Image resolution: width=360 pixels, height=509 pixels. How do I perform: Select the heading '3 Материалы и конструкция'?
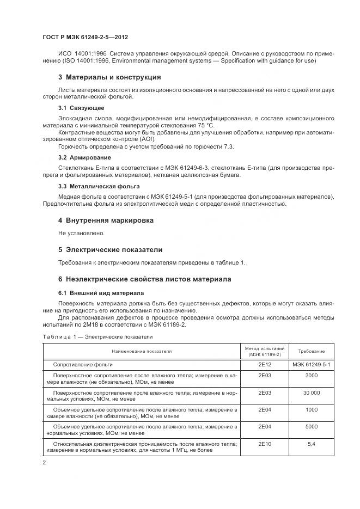coord(109,77)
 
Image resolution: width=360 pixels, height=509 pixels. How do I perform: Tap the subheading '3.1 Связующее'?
coord(81,108)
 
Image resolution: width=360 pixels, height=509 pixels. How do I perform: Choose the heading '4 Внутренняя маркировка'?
coord(106,220)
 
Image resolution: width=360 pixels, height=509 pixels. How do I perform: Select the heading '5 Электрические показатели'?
coord(110,250)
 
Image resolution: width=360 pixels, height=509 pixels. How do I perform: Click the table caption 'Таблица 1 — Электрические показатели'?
coord(97,338)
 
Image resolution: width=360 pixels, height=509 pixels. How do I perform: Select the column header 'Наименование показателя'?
coord(142,351)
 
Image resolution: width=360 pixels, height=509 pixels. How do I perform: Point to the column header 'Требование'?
coord(312,352)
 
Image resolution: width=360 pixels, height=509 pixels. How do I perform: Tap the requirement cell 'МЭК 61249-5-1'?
coord(312,364)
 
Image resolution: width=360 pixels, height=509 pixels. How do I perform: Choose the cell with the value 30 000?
coord(312,392)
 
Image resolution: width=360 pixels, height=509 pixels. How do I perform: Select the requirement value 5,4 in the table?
coord(312,444)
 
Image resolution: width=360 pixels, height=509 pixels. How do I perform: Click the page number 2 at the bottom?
coord(44,462)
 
